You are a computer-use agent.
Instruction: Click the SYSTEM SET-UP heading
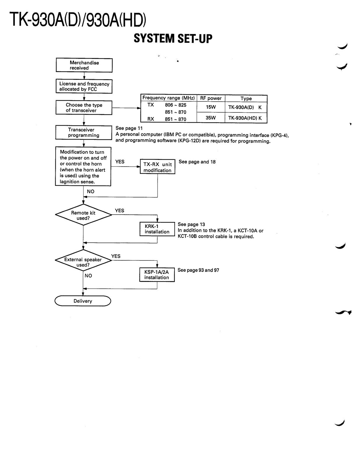pos(173,39)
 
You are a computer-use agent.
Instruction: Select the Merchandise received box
pos(84,65)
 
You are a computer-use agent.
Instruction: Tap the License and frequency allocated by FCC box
pos(84,86)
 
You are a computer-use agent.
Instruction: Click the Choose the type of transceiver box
pos(84,107)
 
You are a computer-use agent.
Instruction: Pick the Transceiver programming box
pos(84,133)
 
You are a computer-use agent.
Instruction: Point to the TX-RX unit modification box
pos(158,166)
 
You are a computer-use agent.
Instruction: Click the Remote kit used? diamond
pos(83,215)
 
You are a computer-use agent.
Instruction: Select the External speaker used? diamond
pos(83,260)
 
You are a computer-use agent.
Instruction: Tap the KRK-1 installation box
pos(157,229)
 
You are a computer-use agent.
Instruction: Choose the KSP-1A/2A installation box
pos(157,275)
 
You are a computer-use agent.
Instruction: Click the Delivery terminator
pos(83,301)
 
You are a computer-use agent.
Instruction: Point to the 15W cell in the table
pos(211,107)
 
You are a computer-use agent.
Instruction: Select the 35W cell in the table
pos(211,118)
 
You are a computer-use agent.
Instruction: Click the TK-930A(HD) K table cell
pos(246,118)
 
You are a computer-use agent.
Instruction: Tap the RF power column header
pos(211,98)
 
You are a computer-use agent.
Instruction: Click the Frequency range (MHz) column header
pos(169,98)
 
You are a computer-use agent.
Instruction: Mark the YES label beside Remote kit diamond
pos(119,211)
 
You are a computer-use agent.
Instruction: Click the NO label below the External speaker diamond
pos(88,276)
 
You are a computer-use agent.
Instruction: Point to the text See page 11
pos(129,128)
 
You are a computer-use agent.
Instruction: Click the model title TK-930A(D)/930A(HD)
pos(78,20)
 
